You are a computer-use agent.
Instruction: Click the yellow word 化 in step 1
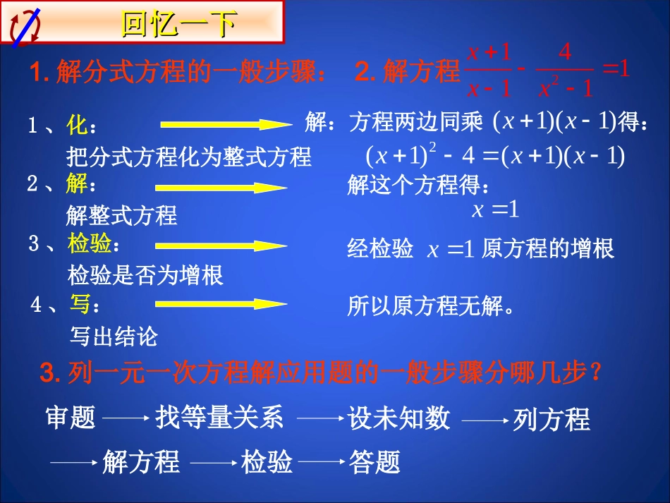pyautogui.click(x=77, y=126)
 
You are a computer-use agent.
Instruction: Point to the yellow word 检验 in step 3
pyautogui.click(x=90, y=244)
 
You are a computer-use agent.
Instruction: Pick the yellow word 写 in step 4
pyautogui.click(x=80, y=304)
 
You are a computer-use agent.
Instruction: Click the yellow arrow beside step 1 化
pyautogui.click(x=225, y=125)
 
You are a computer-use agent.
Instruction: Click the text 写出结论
pyautogui.click(x=114, y=337)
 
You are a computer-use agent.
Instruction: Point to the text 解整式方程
pyautogui.click(x=121, y=214)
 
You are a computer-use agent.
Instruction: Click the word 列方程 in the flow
pyautogui.click(x=551, y=420)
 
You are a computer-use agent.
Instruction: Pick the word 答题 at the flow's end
pyautogui.click(x=374, y=463)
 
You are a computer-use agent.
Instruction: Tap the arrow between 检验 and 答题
pyautogui.click(x=322, y=463)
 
